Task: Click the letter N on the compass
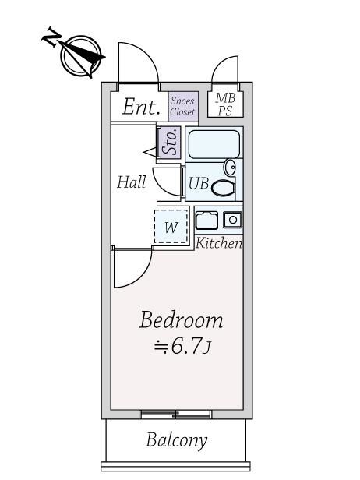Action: pos(50,37)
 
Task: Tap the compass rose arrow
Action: pos(81,57)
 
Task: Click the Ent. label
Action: pos(141,107)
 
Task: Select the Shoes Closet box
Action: pos(183,107)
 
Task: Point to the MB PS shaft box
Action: pos(225,104)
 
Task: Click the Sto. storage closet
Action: pos(169,142)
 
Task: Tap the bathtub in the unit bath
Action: pos(214,144)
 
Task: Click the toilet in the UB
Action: pos(223,188)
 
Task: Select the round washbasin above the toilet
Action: pos(230,167)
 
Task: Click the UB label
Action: pos(199,184)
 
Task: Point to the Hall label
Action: pos(132,182)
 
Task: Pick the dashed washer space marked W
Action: pos(171,227)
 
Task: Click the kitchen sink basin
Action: pos(206,221)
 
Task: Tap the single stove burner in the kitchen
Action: pos(233,220)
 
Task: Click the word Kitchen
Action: pos(219,243)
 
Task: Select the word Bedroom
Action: pos(181,320)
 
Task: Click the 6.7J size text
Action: pos(182,348)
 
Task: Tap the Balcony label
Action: pos(177,441)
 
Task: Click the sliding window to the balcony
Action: pos(175,415)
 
